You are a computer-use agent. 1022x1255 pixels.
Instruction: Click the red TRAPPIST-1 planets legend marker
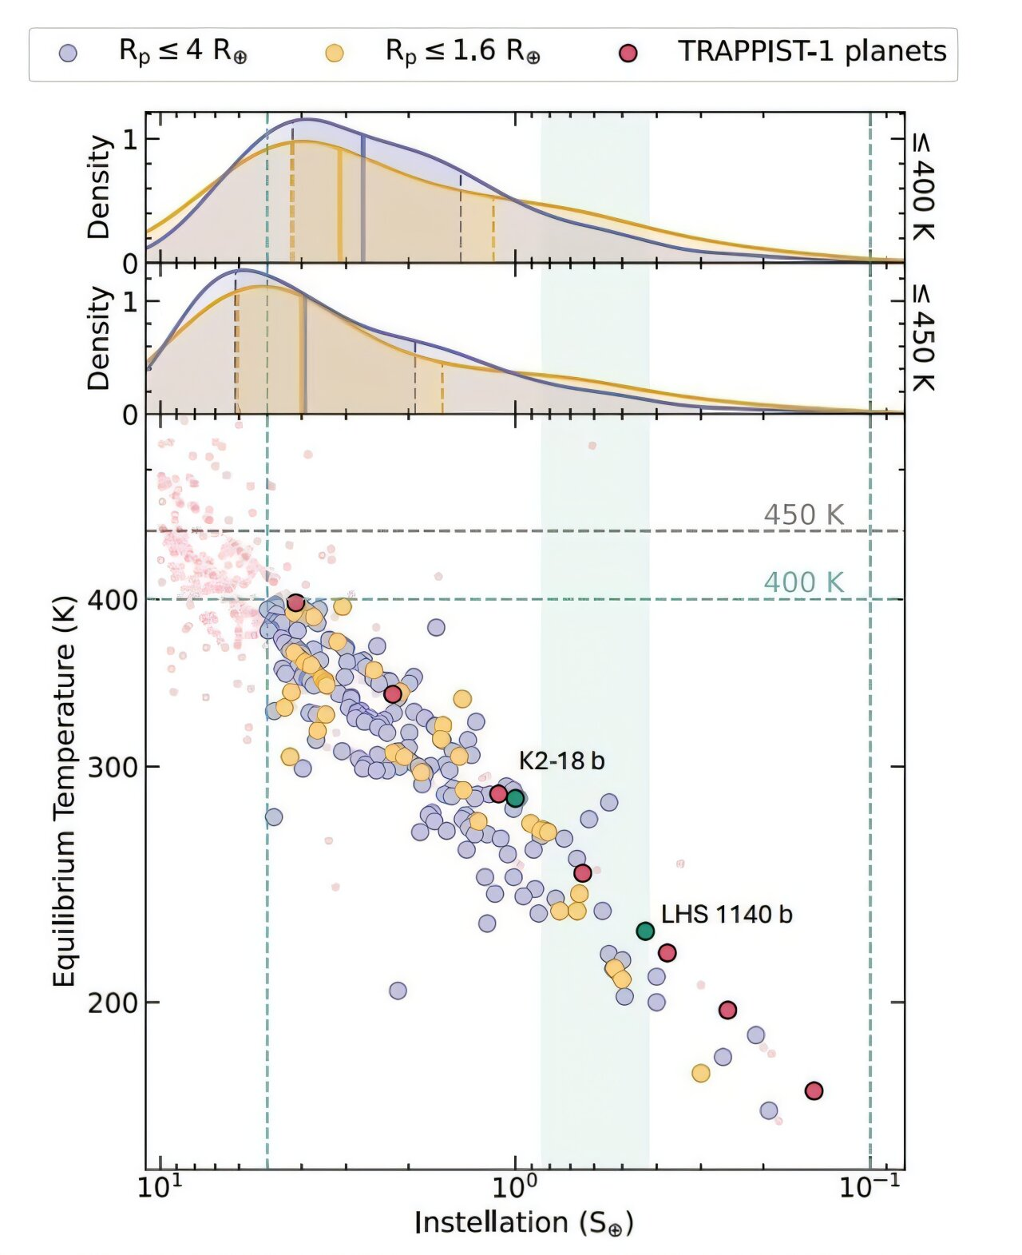tap(628, 54)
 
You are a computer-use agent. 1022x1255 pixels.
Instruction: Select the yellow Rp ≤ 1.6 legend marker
tap(335, 54)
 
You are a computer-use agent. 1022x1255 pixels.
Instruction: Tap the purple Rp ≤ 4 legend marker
tap(69, 54)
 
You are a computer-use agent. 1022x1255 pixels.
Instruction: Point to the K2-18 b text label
tap(561, 761)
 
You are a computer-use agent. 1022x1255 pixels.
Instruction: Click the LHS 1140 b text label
tap(727, 914)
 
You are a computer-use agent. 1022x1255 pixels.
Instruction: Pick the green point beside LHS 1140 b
tap(645, 931)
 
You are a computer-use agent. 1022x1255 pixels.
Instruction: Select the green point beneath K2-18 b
tap(515, 797)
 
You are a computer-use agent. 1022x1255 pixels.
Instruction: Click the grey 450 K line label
tap(803, 515)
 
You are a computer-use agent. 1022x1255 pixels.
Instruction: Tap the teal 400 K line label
tap(803, 582)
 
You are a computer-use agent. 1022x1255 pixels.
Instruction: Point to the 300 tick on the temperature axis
tap(112, 767)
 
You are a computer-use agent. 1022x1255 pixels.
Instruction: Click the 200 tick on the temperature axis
tap(112, 1003)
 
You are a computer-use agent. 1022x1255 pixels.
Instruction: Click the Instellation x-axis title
tap(524, 1223)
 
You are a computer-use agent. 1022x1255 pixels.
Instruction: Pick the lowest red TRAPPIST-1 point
tap(814, 1090)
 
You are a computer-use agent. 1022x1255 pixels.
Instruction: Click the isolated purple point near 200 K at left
tap(398, 991)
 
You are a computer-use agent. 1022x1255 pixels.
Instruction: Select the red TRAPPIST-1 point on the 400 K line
tap(295, 602)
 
